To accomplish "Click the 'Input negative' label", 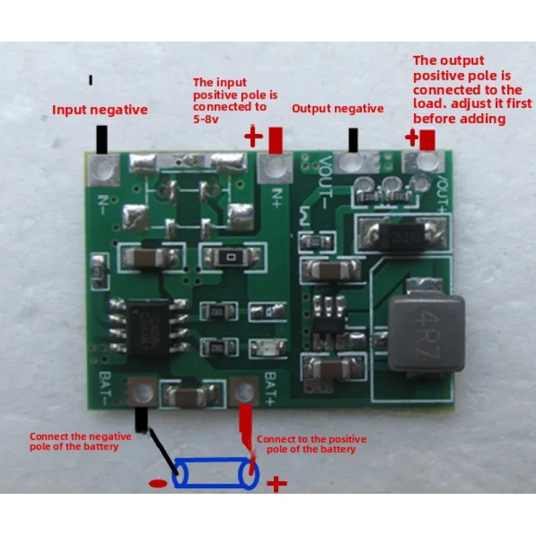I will (100, 110).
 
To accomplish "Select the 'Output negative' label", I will (338, 109).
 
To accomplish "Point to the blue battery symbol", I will (216, 474).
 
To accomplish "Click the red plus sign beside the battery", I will (276, 484).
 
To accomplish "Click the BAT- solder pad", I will (142, 391).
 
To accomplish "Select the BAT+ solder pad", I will (245, 391).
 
